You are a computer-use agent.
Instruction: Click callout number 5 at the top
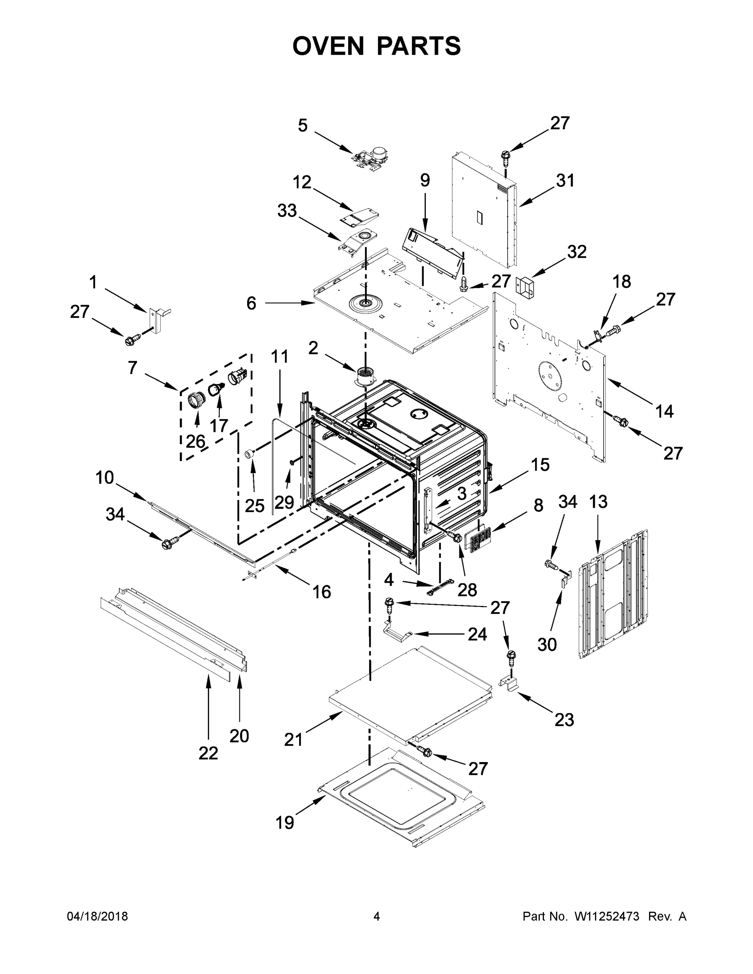(x=302, y=126)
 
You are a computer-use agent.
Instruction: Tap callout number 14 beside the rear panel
(x=664, y=411)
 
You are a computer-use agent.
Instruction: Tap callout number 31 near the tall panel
(x=565, y=181)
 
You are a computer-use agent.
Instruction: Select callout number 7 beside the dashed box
(x=132, y=368)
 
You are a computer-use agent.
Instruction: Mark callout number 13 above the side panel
(x=598, y=502)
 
